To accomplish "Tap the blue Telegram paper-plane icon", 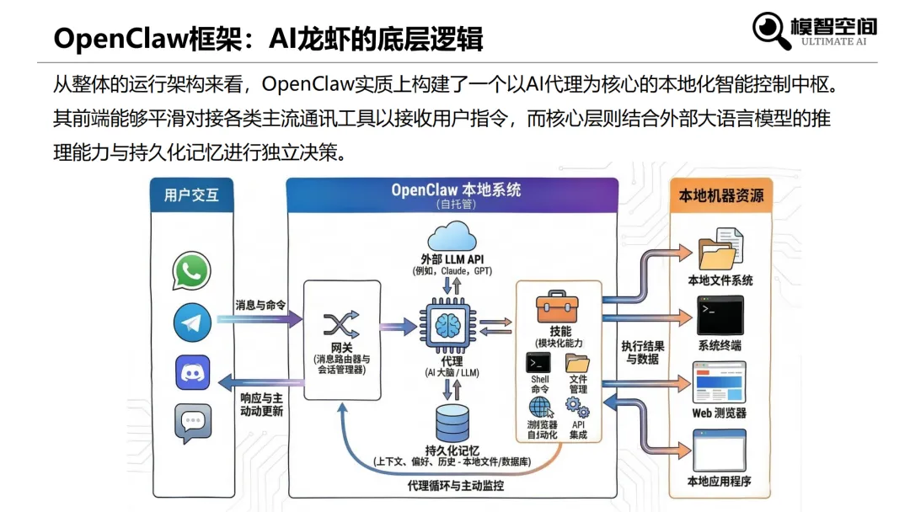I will pyautogui.click(x=192, y=323).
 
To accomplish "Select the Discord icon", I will pyautogui.click(x=192, y=372).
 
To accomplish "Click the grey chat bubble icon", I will pyautogui.click(x=192, y=424).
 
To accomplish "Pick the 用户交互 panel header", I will pyautogui.click(x=191, y=195).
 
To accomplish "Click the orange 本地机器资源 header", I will pyautogui.click(x=721, y=195).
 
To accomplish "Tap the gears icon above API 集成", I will pyautogui.click(x=578, y=411).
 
